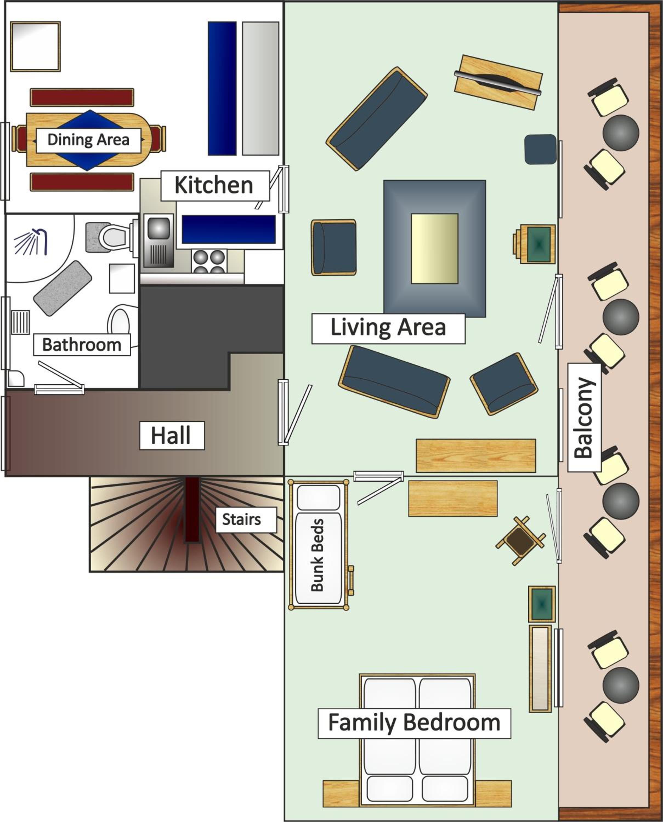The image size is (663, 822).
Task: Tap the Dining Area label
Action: [88, 140]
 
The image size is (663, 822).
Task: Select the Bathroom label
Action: [82, 345]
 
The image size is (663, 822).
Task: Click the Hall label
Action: [171, 435]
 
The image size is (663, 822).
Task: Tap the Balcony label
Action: [584, 418]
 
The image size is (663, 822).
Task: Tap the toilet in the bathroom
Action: [113, 237]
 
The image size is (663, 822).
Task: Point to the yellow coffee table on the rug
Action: [435, 249]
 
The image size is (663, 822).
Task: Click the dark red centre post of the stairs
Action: [192, 509]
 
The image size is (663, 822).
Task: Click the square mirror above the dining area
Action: [36, 47]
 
